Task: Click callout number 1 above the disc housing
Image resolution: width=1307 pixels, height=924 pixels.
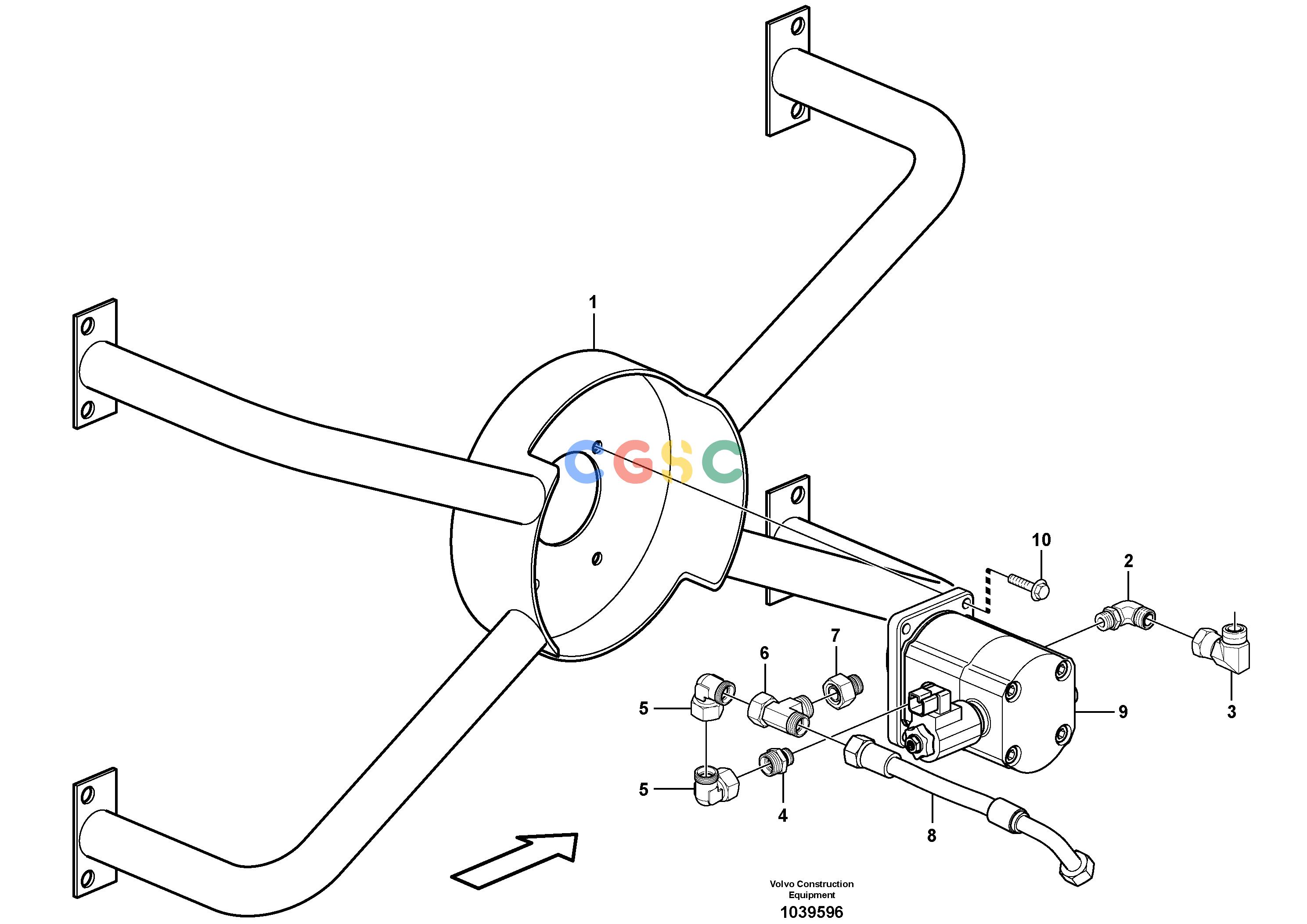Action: (x=593, y=302)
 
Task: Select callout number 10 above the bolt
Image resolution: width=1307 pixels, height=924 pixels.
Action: (x=1041, y=540)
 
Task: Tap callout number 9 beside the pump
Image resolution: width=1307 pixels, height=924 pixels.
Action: (x=1123, y=712)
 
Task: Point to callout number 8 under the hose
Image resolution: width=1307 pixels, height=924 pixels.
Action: (x=931, y=836)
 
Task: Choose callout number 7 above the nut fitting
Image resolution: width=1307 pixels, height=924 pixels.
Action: (x=835, y=635)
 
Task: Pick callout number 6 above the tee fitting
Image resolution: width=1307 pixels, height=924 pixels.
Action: (x=764, y=654)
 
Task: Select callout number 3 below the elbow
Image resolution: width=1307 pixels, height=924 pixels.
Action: (x=1231, y=712)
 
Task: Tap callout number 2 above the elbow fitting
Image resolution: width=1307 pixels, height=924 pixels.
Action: (x=1129, y=561)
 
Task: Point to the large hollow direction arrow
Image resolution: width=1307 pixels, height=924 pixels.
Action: (x=515, y=860)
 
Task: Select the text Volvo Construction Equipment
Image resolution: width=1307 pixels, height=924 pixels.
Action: (x=811, y=889)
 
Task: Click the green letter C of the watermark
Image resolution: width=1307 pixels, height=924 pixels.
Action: (x=721, y=462)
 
